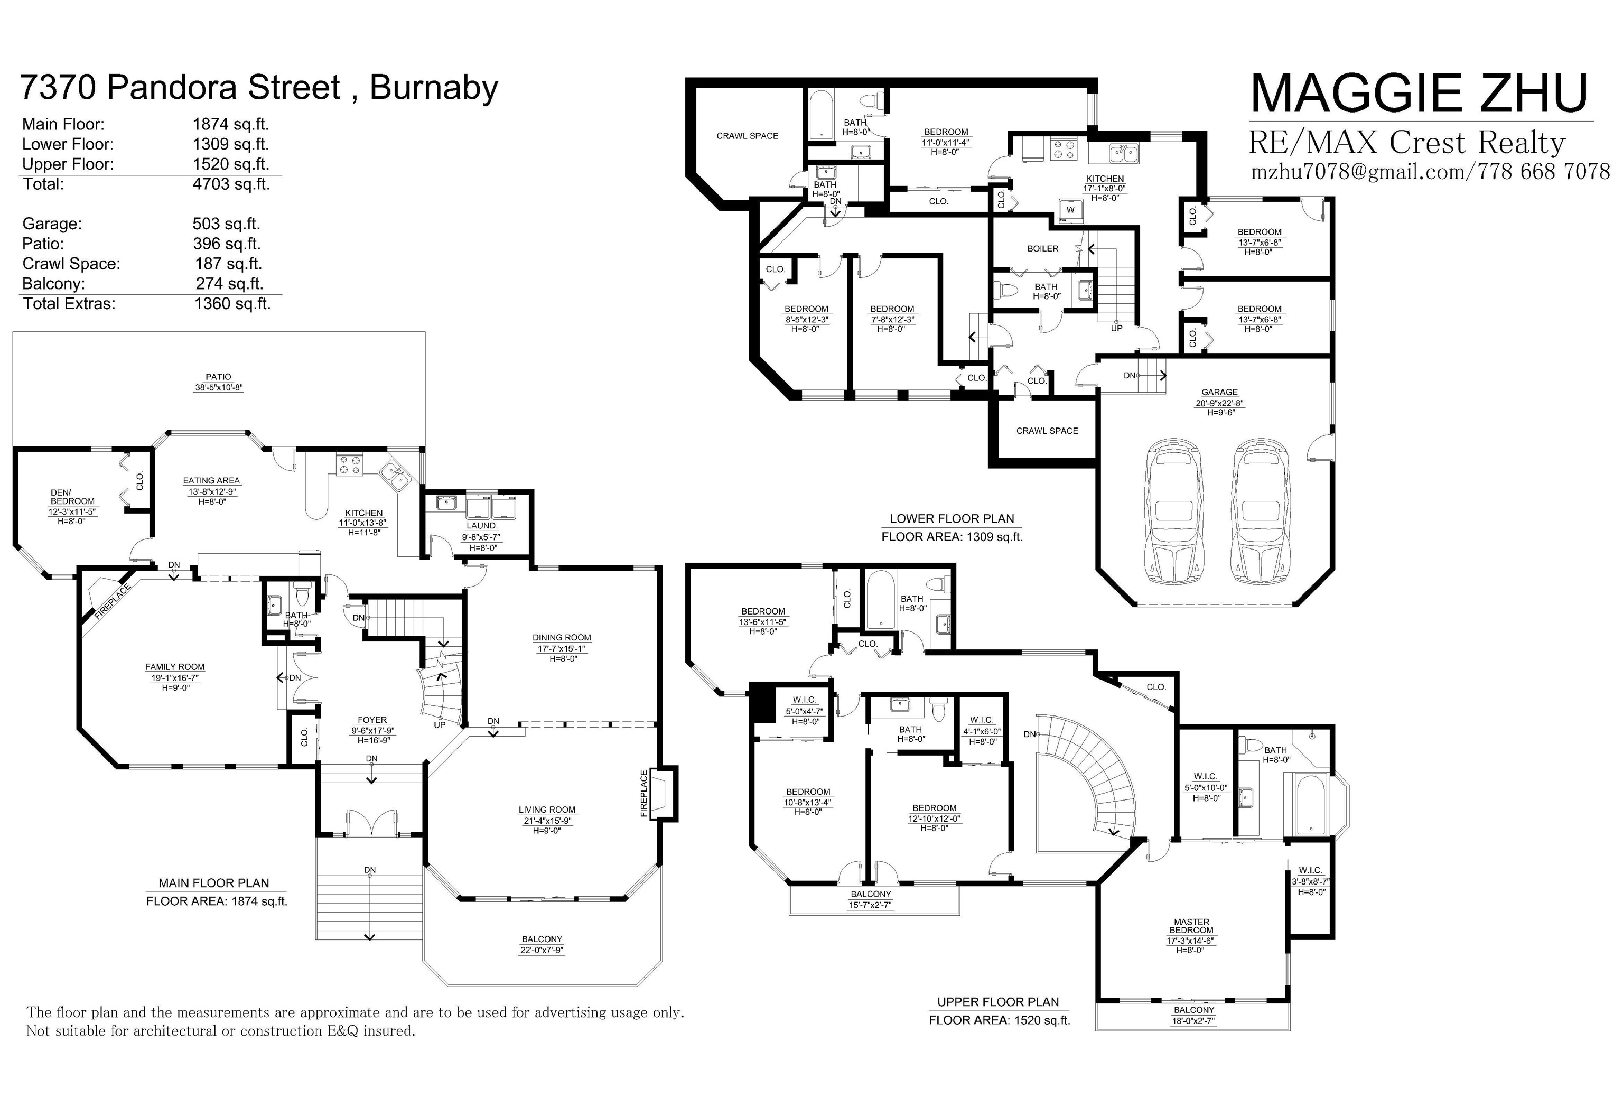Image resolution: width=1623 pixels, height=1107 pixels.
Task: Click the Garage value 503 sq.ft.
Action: [x=226, y=224]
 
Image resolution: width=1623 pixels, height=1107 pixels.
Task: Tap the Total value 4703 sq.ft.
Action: [x=231, y=184]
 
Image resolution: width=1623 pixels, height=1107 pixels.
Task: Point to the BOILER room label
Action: [x=1043, y=249]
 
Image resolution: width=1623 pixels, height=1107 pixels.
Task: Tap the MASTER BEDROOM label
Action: [x=1191, y=926]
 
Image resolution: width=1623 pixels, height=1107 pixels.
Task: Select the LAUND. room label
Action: [x=481, y=526]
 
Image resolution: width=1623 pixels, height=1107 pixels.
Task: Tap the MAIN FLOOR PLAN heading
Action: [x=213, y=883]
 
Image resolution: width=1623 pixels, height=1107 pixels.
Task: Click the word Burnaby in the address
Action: [x=434, y=88]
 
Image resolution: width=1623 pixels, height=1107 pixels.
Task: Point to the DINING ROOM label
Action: [x=562, y=638]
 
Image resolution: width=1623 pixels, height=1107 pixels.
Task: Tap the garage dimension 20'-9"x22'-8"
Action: [x=1219, y=403]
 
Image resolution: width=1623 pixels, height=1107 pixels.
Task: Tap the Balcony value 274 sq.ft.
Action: [x=229, y=284]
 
